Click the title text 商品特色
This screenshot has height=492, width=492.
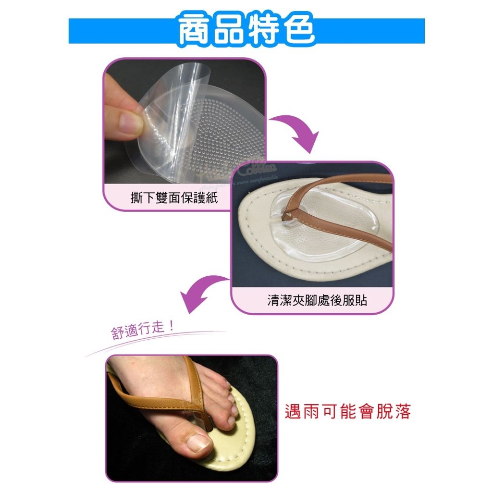click(246, 30)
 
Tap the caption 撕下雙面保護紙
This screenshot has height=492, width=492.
click(174, 197)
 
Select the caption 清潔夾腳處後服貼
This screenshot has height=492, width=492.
click(317, 301)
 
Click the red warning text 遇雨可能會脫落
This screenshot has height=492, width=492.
click(348, 412)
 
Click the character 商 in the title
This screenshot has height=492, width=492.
click(195, 30)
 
